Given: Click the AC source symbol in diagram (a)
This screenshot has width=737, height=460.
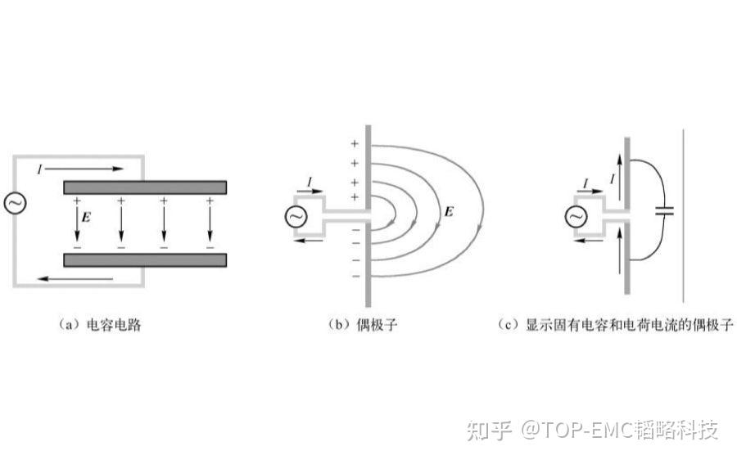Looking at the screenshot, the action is pos(15,203).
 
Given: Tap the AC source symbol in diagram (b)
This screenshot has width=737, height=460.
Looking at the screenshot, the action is pos(296,216).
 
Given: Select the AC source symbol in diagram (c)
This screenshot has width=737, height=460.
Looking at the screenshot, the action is pos(576,216).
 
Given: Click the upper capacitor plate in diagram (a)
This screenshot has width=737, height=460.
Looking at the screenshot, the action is pos(145,187).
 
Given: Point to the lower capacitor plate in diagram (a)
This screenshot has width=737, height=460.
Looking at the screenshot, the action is pos(145,260).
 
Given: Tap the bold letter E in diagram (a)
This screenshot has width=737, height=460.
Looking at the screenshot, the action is pos(86,219).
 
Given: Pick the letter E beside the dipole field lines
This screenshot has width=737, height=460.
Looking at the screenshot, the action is pos(448,212).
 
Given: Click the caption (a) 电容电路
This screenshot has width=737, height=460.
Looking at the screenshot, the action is pos(102,325).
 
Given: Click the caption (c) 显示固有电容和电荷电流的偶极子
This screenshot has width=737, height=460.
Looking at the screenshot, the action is pos(617,325).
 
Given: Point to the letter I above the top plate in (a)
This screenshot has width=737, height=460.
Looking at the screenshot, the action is pos(39,168).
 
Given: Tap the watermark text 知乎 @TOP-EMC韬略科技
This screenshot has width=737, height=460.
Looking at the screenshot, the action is pos(592,429).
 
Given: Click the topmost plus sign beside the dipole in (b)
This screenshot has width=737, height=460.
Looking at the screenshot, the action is pos(355,144).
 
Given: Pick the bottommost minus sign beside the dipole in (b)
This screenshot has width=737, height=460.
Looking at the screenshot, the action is pos(355,276).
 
